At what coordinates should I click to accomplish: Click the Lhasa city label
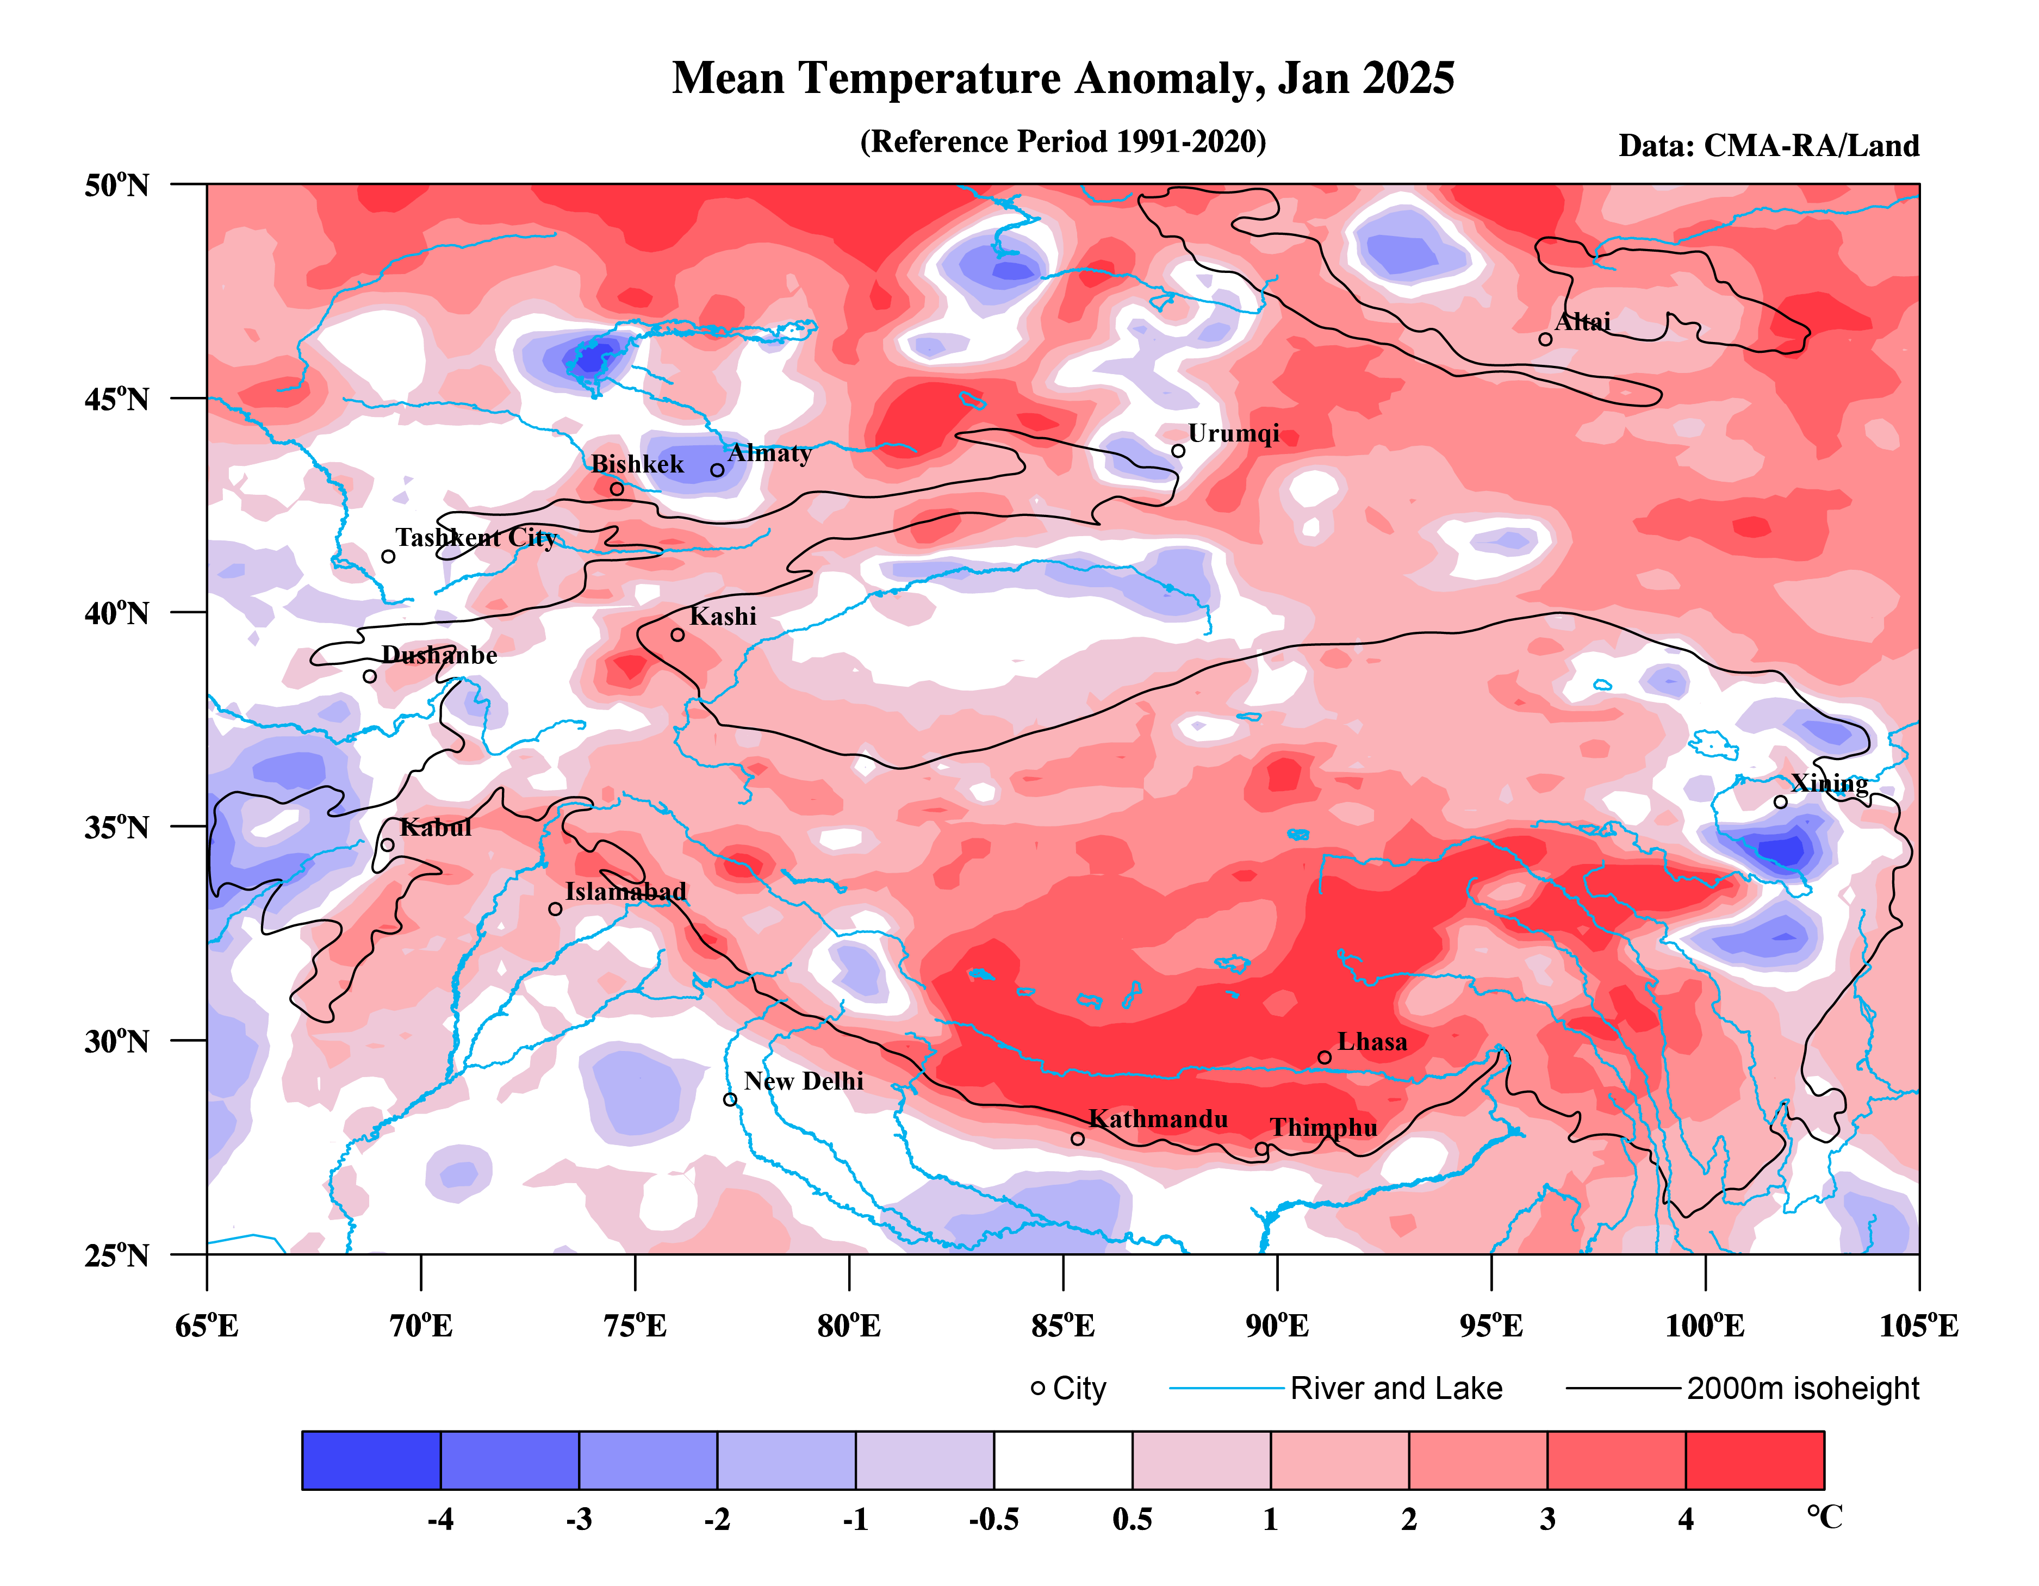(1371, 1042)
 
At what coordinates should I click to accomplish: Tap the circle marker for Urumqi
(1178, 451)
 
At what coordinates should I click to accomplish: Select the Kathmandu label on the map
(1158, 1119)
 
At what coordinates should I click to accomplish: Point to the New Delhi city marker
(730, 1099)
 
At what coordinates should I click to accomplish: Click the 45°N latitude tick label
(117, 400)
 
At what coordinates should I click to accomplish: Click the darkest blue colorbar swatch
(371, 1460)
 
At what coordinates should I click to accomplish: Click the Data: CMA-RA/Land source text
(1768, 146)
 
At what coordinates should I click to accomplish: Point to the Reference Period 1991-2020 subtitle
(1062, 142)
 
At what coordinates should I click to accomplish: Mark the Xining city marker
(1780, 802)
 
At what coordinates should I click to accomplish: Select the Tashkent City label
(475, 538)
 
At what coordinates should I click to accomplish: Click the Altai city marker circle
(1545, 339)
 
